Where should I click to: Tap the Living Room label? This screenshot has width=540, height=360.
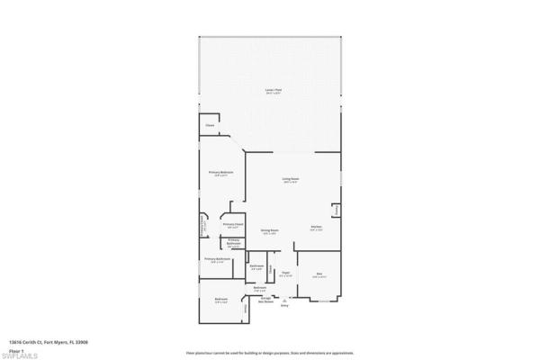pos(290,180)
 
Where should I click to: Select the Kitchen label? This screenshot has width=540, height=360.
pos(316,228)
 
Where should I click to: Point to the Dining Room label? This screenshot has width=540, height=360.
pos(268,230)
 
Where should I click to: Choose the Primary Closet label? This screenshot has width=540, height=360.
pos(230,226)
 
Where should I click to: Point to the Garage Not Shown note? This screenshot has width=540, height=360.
pos(265,301)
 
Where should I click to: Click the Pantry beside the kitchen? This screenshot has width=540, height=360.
pos(336,211)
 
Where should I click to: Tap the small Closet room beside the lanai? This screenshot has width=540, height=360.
pos(210,125)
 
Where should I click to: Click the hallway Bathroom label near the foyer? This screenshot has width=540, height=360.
pos(256,266)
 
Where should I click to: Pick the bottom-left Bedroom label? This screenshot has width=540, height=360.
pos(220,300)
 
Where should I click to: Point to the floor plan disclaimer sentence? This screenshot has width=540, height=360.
pos(270,351)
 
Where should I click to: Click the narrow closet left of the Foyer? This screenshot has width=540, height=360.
pos(269,271)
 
